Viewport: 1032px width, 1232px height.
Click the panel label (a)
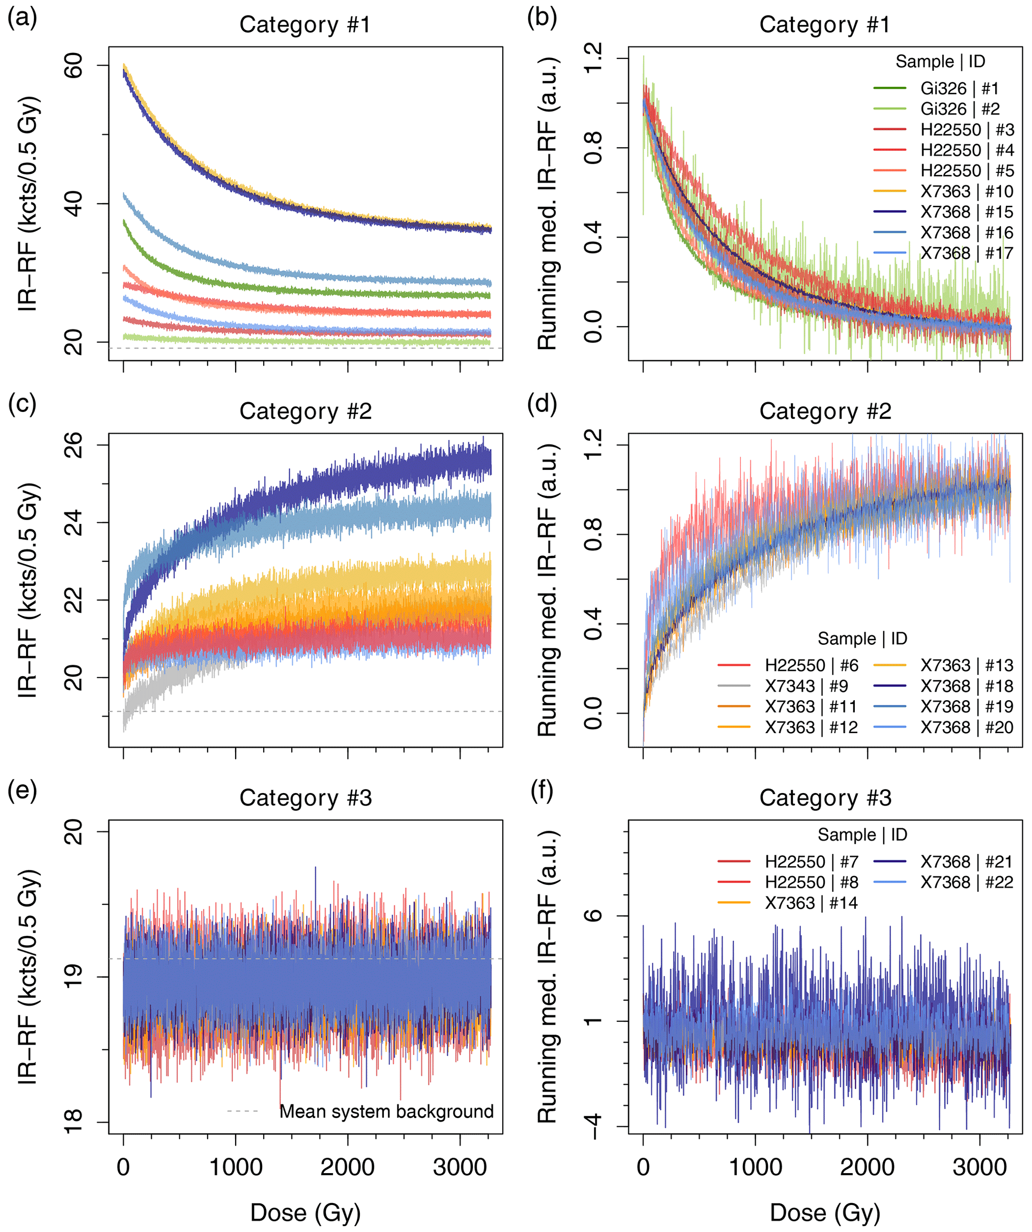click(x=22, y=18)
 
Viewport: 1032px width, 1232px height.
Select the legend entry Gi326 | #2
click(x=960, y=109)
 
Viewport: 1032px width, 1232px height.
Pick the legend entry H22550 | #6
click(x=811, y=665)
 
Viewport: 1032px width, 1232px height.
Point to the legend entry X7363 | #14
click(x=811, y=903)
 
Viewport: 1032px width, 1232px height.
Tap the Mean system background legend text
click(x=386, y=1112)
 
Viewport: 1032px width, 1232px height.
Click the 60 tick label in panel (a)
click(x=74, y=66)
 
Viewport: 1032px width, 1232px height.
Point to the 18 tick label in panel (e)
click(x=74, y=1123)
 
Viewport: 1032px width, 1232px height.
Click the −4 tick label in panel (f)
click(x=594, y=1127)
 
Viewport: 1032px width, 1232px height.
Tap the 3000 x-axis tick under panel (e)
click(x=460, y=1168)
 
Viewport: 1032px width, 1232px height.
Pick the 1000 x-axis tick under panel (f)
click(x=755, y=1168)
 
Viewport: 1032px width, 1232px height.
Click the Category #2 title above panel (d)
click(x=825, y=411)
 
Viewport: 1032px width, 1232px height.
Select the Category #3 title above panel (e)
click(x=306, y=798)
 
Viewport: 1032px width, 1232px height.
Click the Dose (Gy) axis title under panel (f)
click(x=825, y=1213)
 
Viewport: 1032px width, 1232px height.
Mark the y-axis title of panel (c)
click(x=28, y=590)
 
